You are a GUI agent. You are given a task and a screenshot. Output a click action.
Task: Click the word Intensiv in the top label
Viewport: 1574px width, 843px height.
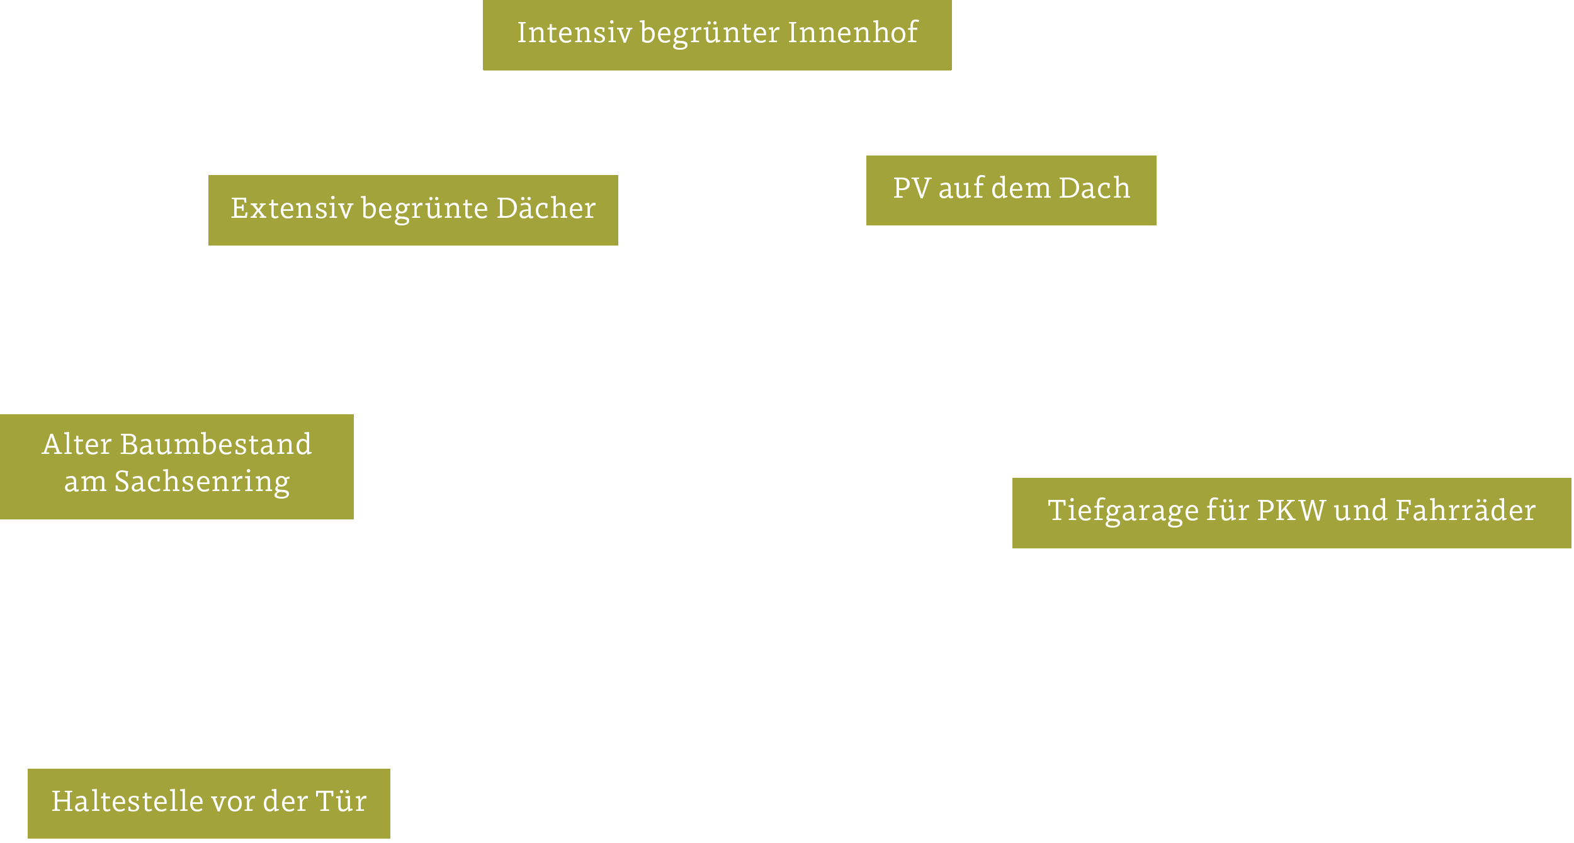click(x=574, y=33)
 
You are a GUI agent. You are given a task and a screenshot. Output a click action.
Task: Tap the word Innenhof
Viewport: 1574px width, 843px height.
click(x=852, y=33)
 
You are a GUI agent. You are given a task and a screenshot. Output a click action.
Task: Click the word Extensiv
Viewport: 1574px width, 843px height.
click(x=292, y=208)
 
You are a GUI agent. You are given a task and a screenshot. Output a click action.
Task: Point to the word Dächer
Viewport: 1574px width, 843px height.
click(x=545, y=208)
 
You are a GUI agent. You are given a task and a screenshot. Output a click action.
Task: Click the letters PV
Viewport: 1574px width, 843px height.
click(x=911, y=188)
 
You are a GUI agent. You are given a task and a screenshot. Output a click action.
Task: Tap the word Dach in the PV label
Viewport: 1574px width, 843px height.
click(x=1094, y=188)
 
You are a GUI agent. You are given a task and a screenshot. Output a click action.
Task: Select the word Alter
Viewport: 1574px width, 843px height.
click(x=77, y=444)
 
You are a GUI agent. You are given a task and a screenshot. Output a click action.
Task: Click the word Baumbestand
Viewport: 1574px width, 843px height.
click(x=215, y=444)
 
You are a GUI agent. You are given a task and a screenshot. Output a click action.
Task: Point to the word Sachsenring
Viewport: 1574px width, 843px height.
click(x=201, y=482)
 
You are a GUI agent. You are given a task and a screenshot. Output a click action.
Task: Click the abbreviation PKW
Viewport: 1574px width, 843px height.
click(x=1291, y=511)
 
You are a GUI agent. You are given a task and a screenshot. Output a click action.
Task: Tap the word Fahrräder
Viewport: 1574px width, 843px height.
click(x=1465, y=511)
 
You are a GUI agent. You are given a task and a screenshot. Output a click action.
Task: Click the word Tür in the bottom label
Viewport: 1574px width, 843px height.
click(x=341, y=801)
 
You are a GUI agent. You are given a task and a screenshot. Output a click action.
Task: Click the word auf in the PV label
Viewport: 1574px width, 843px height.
click(x=960, y=188)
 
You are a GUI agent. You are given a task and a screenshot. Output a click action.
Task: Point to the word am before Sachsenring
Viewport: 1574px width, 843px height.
click(x=85, y=483)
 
